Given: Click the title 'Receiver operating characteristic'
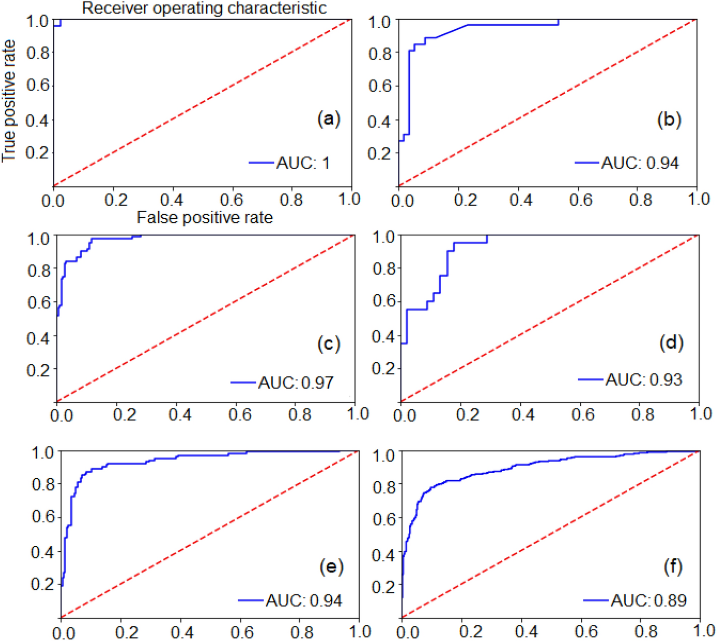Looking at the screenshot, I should [x=204, y=8].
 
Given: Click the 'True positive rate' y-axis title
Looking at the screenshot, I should [x=9, y=101].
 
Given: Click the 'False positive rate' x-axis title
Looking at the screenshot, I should [x=205, y=218].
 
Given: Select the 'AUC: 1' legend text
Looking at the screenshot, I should [x=303, y=163].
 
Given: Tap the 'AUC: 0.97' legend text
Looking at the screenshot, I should [x=296, y=382].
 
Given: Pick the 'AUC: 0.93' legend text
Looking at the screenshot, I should [x=644, y=379].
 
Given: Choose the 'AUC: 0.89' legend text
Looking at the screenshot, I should [x=648, y=600].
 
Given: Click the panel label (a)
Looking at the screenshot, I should [x=329, y=119].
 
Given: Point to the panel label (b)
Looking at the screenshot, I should [x=669, y=119].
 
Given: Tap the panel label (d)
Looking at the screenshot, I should [x=671, y=343].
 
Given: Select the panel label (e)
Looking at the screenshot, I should [x=331, y=566].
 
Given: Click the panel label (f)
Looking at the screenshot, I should [x=673, y=566].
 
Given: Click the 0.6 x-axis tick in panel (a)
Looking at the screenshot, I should [x=231, y=200].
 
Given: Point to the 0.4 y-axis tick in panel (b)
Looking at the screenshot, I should [x=379, y=121].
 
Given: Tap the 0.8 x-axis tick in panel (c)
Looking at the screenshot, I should [x=300, y=415].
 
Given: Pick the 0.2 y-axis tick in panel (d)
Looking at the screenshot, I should [x=383, y=368].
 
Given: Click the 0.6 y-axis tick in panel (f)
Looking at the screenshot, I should [x=384, y=519].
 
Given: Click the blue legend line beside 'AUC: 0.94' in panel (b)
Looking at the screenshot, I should [x=587, y=163].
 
